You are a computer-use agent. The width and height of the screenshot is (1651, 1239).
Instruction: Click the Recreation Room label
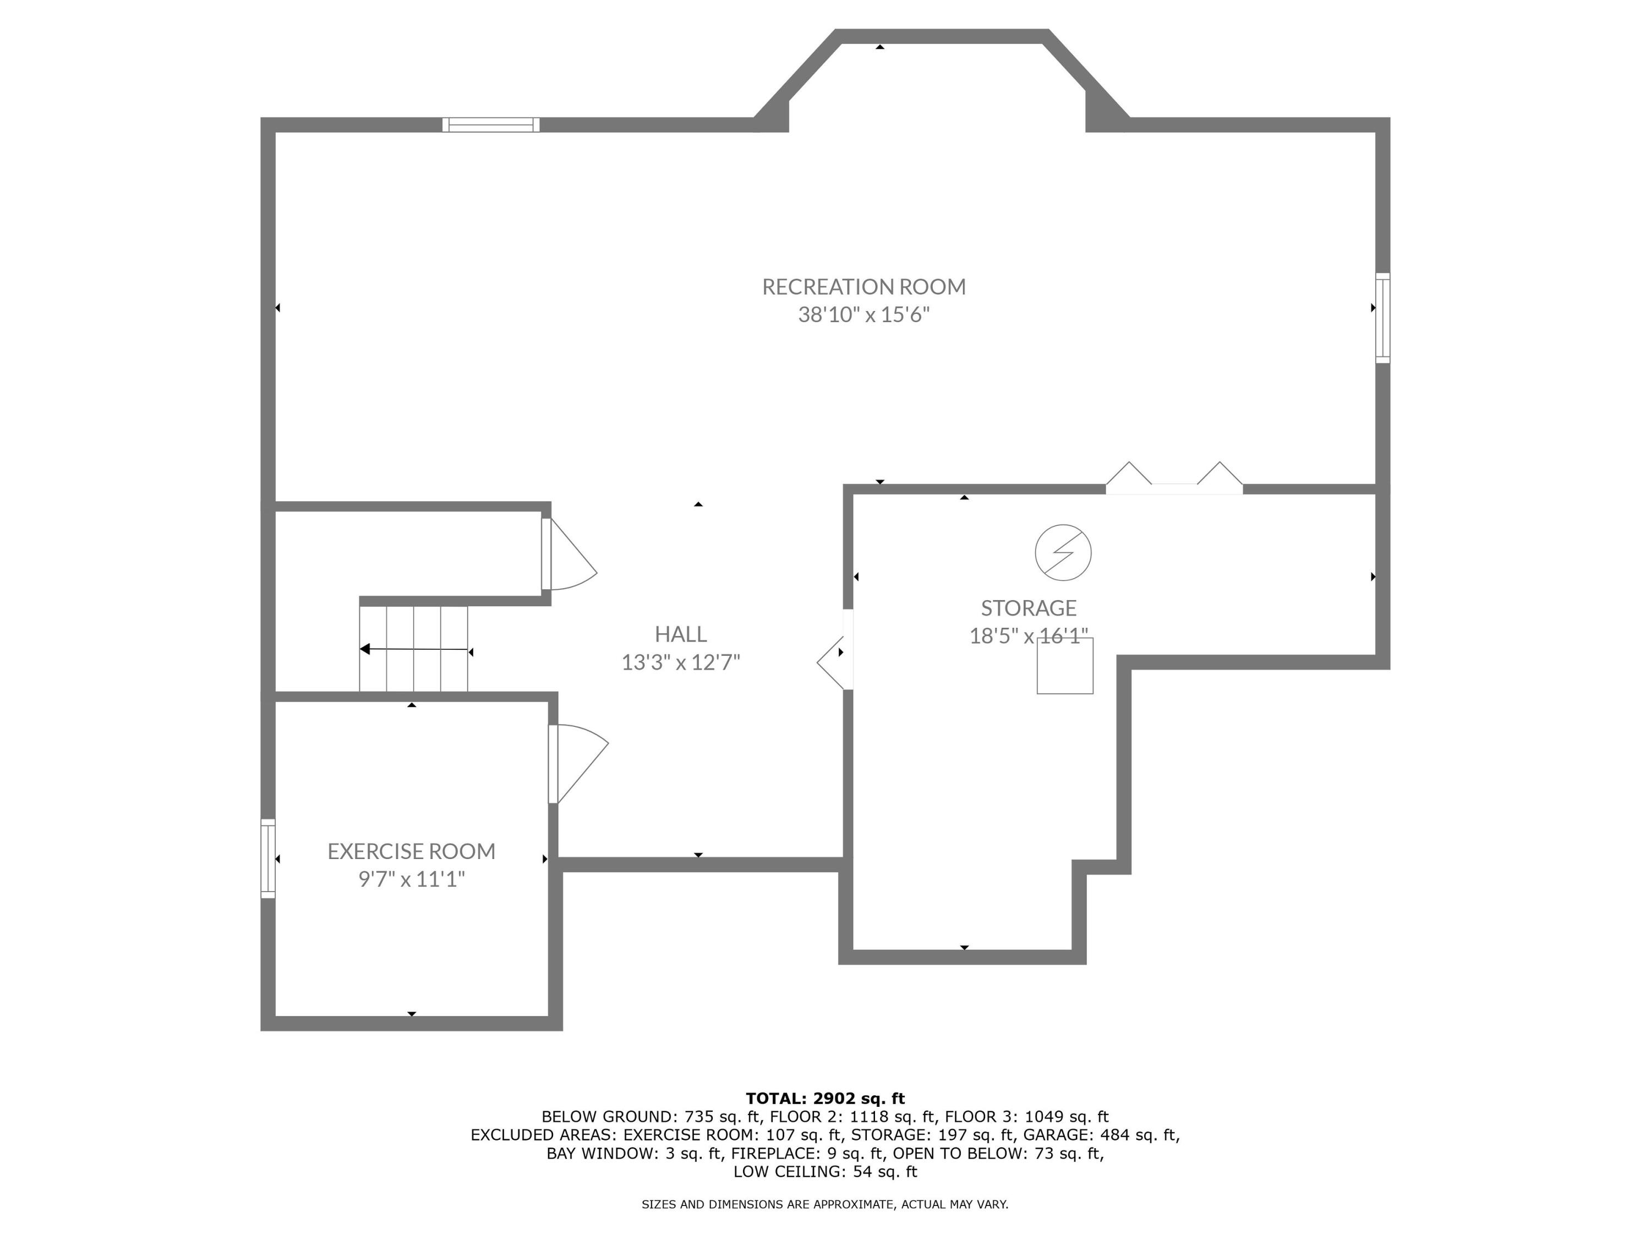point(863,287)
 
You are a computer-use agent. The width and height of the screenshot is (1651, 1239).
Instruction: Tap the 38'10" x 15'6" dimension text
point(863,314)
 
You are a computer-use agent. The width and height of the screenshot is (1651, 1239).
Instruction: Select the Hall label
point(680,634)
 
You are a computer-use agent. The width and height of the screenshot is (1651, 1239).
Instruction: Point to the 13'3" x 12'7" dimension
point(680,662)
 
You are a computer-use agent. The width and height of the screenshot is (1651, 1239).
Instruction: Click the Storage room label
point(1028,608)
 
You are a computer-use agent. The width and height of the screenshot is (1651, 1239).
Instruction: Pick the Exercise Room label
point(411,851)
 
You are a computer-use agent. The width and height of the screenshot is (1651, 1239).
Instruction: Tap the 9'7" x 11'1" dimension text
point(411,879)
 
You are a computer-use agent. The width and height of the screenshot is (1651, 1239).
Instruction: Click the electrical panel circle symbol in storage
point(1063,553)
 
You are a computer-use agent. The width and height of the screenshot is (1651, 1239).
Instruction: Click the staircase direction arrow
point(414,649)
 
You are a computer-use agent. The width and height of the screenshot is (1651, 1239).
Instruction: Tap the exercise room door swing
point(578,762)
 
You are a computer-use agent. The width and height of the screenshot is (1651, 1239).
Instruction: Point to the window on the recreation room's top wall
point(490,124)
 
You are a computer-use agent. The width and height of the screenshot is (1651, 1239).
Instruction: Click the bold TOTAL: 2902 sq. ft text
point(825,1098)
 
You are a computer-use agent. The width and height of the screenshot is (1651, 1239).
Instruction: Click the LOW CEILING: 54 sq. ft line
point(825,1171)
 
